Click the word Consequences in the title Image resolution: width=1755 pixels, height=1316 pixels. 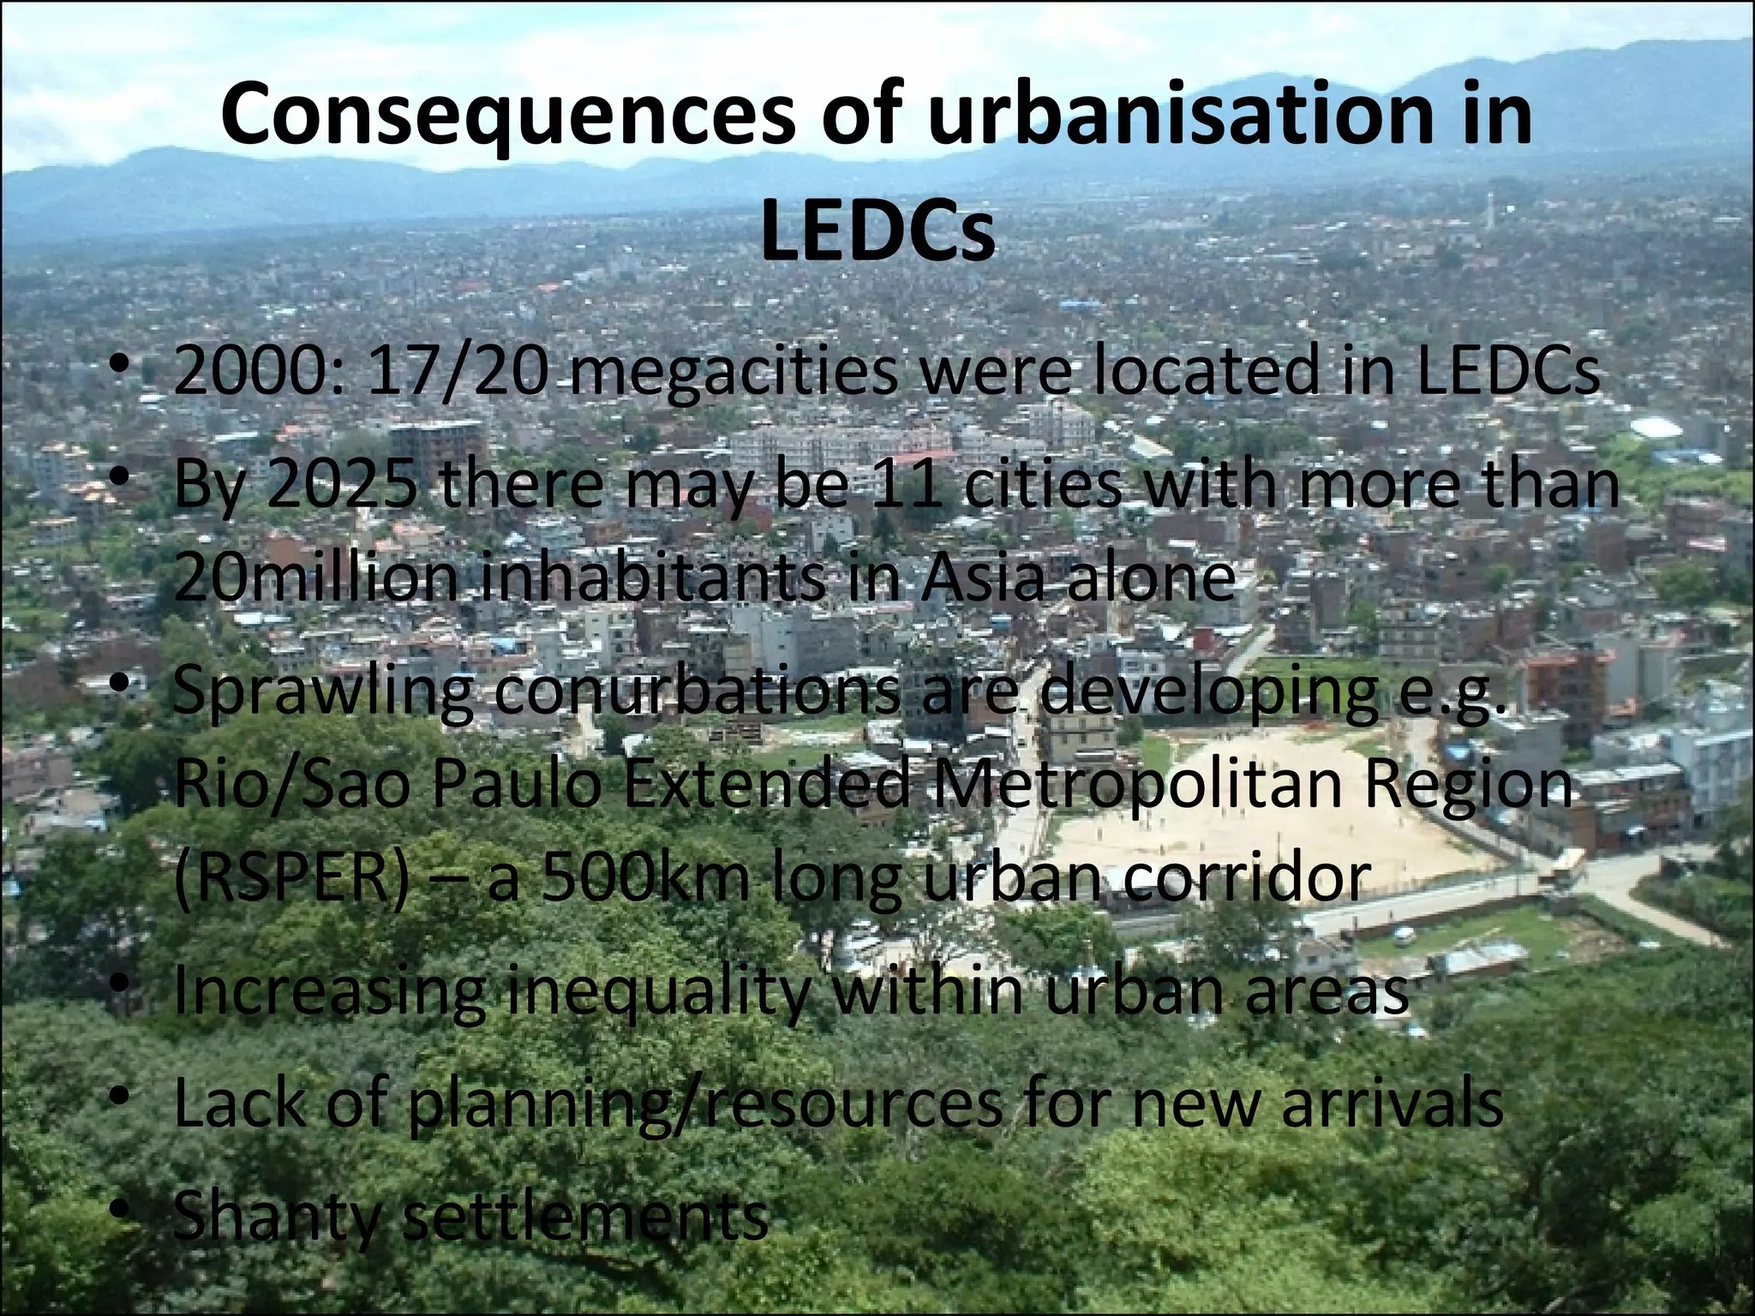click(x=505, y=116)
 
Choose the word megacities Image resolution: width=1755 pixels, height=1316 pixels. click(x=733, y=373)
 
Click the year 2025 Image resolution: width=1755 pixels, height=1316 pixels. click(x=344, y=484)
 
